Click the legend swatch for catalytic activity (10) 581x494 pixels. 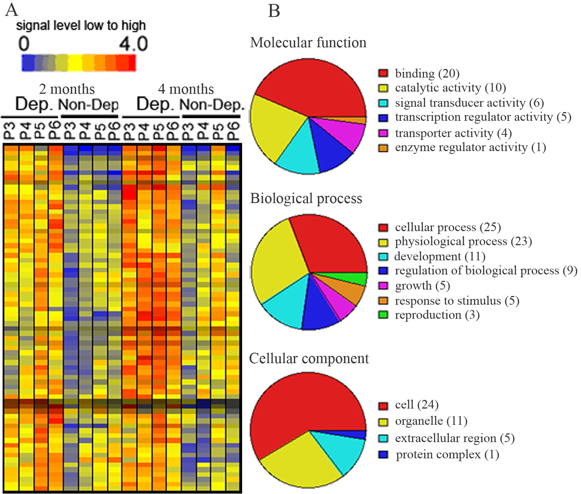point(383,88)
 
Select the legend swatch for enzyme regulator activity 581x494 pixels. point(383,148)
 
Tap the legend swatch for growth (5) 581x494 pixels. point(383,286)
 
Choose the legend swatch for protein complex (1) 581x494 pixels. point(383,455)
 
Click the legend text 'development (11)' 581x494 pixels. point(440,256)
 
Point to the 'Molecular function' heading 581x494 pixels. point(308,43)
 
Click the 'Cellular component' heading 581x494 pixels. point(309,358)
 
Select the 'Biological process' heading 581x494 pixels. point(306,198)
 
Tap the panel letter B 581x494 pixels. point(274,11)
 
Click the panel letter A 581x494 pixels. point(12,10)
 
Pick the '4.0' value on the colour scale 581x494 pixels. point(133,44)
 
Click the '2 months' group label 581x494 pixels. point(67,89)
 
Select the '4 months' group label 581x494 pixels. point(186,89)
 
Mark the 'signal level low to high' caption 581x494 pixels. point(81,26)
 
